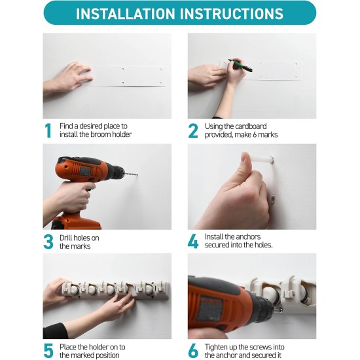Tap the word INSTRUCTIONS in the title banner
click(230, 14)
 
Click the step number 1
click(48, 130)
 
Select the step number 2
click(193, 130)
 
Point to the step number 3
click(48, 242)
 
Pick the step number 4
click(193, 242)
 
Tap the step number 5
click(48, 351)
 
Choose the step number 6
click(193, 351)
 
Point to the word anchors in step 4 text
click(246, 237)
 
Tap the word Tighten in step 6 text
click(219, 347)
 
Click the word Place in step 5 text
click(71, 347)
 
